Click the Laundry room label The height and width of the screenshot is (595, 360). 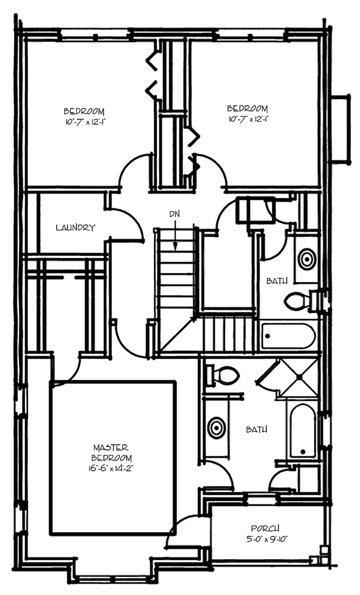[x=75, y=228]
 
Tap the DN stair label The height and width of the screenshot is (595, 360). [x=174, y=214]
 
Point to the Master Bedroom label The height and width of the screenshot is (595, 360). [x=112, y=452]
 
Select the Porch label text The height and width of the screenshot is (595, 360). [x=265, y=528]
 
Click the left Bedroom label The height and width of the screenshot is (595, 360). [x=84, y=111]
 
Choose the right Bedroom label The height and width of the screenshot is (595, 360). [x=247, y=109]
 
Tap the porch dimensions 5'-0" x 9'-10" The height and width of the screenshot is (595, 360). [x=265, y=539]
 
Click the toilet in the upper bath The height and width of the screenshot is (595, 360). [x=296, y=301]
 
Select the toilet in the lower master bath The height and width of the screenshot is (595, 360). [x=226, y=376]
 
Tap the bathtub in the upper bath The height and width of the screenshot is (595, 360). [x=289, y=336]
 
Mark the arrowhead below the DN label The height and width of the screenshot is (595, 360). [x=175, y=245]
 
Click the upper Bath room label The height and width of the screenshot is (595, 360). [x=277, y=280]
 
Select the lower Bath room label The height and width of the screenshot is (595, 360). [x=257, y=429]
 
